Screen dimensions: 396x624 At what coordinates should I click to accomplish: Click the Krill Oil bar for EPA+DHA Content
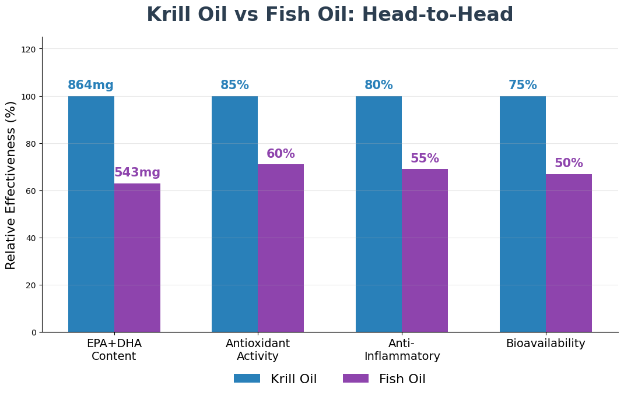coord(91,214)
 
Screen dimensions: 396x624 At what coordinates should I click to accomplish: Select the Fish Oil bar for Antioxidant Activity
coord(281,248)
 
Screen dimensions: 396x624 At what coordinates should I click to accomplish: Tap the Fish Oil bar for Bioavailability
coord(569,253)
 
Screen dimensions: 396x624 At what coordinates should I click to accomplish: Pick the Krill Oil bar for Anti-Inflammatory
coord(378,214)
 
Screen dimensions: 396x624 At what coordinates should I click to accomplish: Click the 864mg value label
coord(90,86)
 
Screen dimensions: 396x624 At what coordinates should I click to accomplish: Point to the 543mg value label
coord(137,173)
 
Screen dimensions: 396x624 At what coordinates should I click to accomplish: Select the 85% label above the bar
coord(234,86)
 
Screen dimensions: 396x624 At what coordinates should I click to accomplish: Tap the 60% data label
coord(281,154)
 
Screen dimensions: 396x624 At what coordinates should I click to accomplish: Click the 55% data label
coord(425,159)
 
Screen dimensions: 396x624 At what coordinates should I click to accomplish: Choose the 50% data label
coord(569,164)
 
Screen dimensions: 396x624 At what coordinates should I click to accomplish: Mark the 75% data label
coord(523,86)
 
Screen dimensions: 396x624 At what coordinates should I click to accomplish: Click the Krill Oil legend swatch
coord(247,379)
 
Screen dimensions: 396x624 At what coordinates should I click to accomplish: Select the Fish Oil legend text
coord(402,379)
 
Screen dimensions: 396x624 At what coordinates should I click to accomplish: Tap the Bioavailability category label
coord(545,344)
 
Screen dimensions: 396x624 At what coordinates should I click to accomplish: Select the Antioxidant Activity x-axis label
coord(258,350)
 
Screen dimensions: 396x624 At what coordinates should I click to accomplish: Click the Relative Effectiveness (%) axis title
coord(11,185)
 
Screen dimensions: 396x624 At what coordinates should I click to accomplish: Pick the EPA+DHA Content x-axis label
coord(114,350)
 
